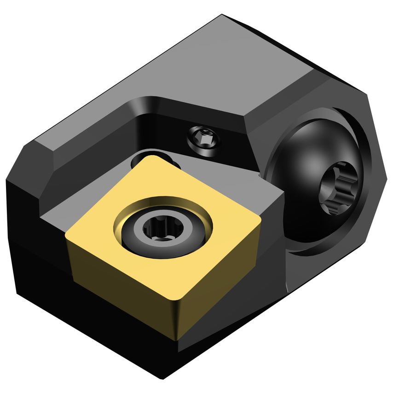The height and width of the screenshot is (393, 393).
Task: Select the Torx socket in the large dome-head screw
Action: click(337, 187)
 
